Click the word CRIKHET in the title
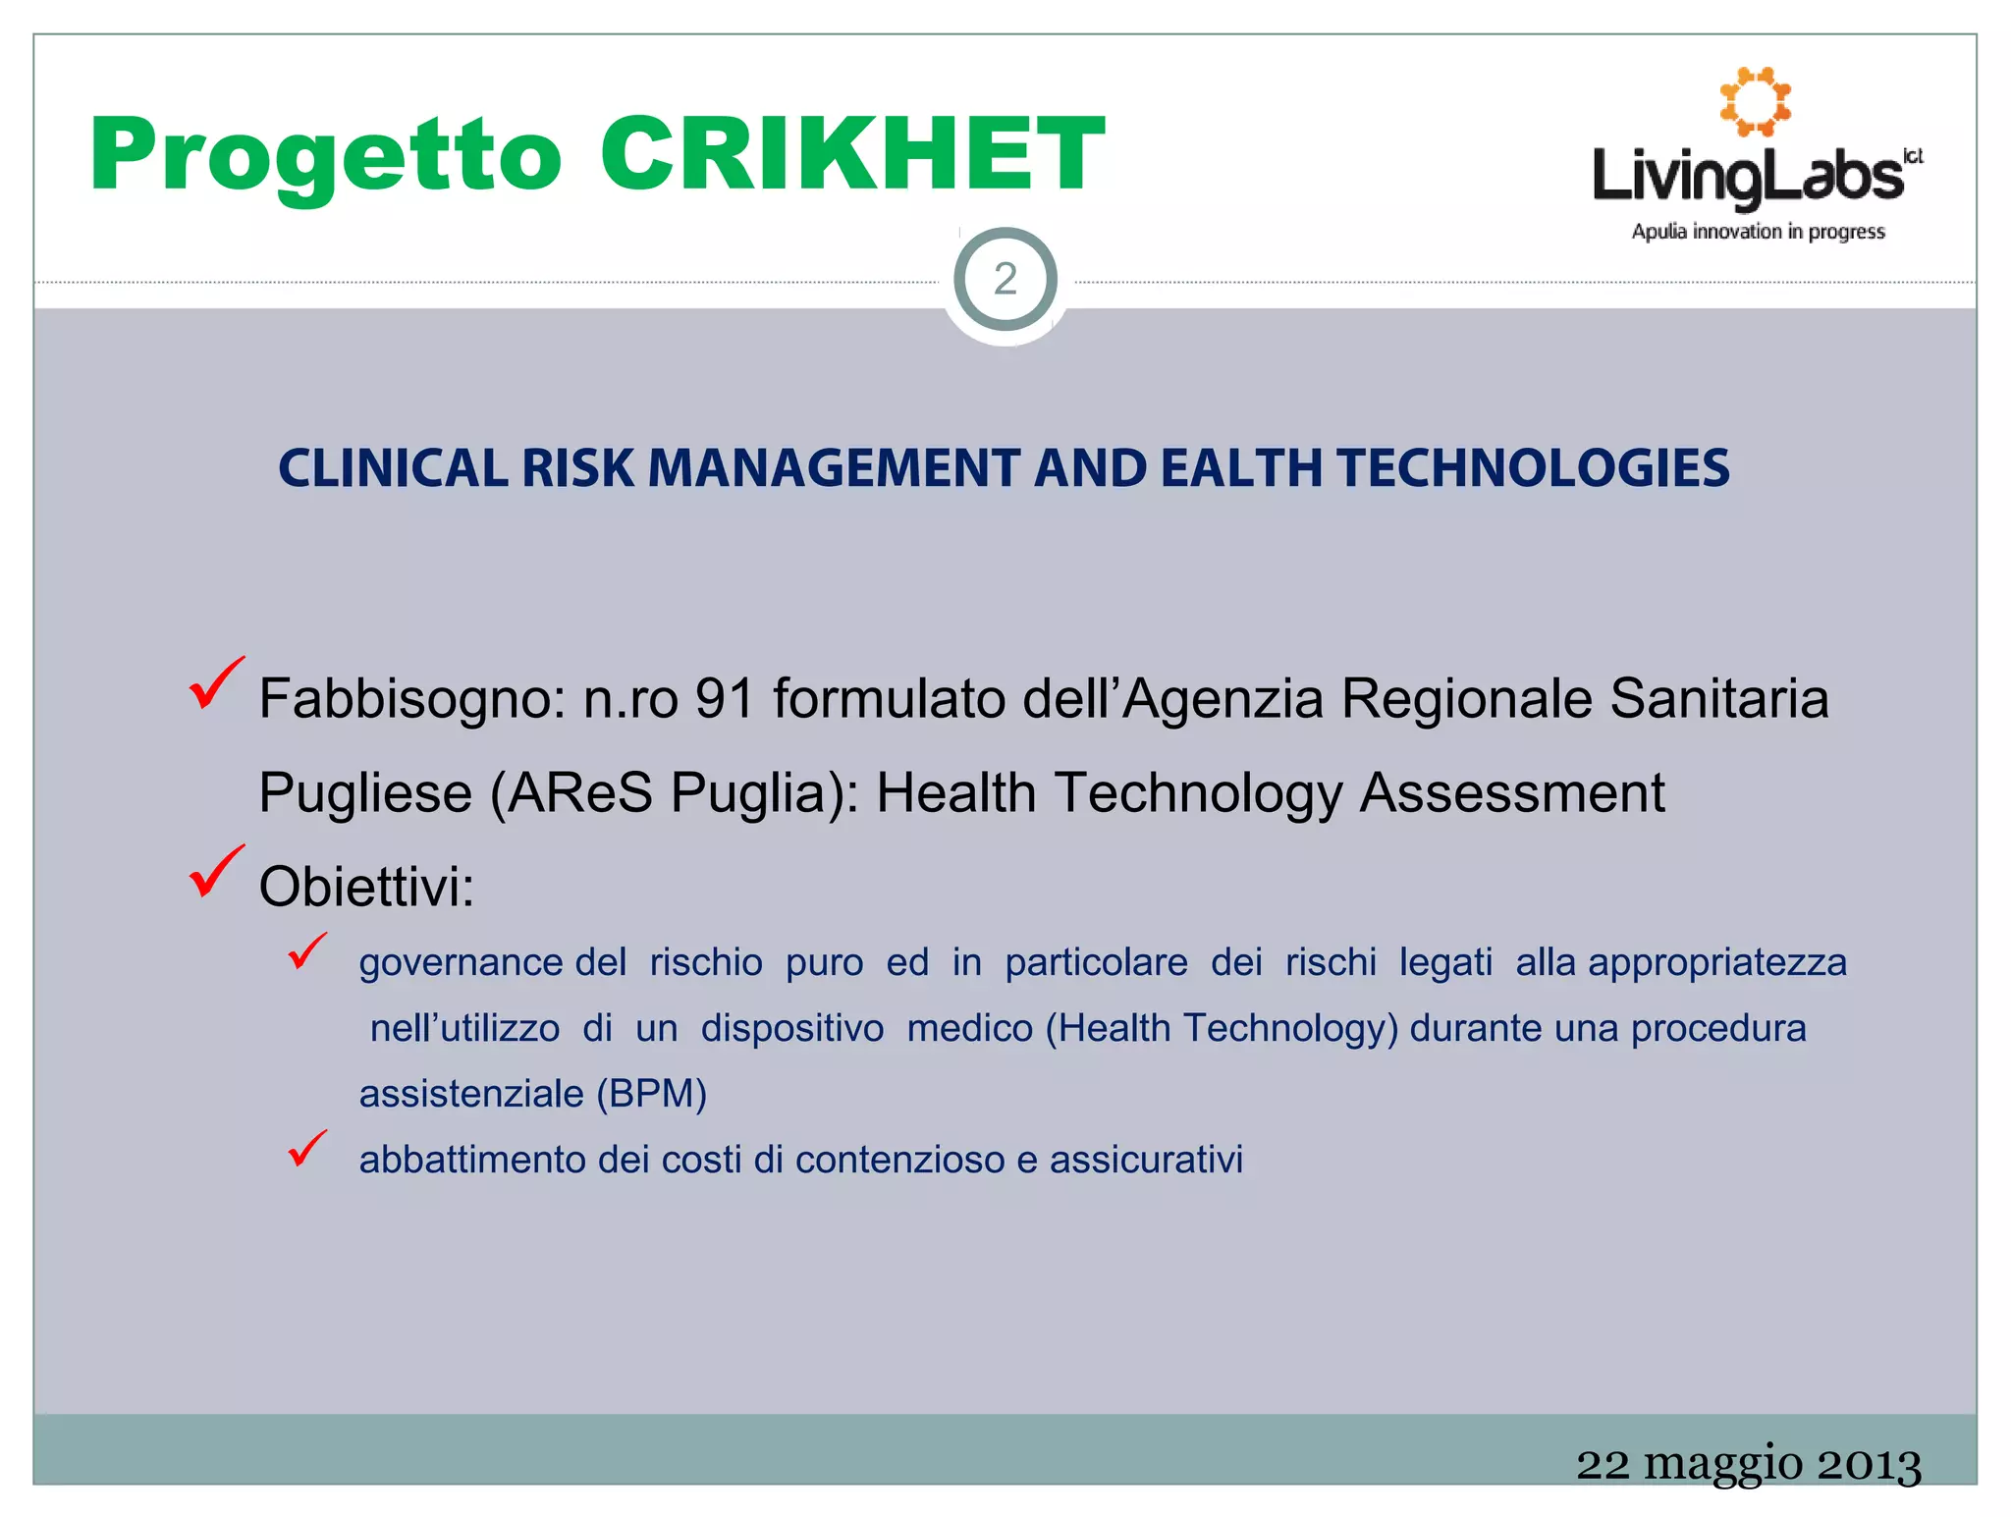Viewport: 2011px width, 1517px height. [852, 154]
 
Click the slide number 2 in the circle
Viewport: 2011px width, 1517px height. [1005, 280]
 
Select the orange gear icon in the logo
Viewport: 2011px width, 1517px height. [1755, 101]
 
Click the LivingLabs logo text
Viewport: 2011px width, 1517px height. [1749, 177]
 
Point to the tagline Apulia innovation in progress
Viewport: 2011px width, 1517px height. [1758, 232]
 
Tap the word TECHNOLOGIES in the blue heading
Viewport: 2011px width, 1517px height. [1533, 468]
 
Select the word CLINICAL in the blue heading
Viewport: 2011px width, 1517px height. [393, 468]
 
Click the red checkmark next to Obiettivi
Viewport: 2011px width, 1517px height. [215, 871]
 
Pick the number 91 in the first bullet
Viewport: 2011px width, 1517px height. [725, 699]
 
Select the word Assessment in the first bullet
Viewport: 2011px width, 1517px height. [1512, 793]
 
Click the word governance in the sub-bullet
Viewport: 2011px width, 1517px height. [461, 962]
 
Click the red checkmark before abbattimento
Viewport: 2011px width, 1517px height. [307, 1149]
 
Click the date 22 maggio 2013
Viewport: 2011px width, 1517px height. [1748, 1464]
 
